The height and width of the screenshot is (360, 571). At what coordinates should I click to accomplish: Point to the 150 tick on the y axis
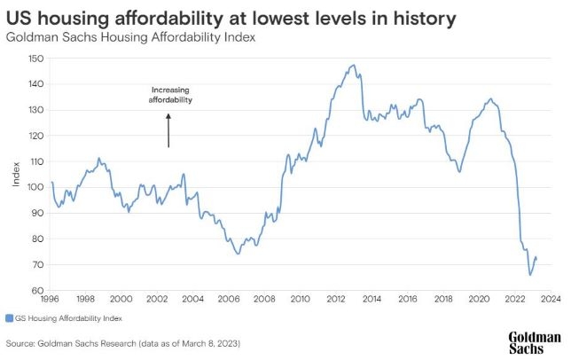pos(36,59)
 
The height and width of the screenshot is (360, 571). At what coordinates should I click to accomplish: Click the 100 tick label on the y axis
pos(36,187)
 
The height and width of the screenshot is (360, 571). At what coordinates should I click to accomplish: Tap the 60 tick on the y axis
pos(38,290)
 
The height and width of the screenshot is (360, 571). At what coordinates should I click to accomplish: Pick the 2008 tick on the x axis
pos(264,299)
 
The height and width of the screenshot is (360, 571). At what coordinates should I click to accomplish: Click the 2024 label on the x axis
pos(550,299)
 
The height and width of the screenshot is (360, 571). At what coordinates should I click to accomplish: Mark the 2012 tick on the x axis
pos(335,299)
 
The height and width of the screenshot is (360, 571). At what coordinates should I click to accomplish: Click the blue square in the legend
pos(9,317)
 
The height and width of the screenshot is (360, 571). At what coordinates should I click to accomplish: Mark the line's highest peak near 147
pos(354,65)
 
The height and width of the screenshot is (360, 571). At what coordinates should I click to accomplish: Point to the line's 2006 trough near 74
pos(238,254)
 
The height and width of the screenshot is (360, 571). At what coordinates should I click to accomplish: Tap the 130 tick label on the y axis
pos(36,110)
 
